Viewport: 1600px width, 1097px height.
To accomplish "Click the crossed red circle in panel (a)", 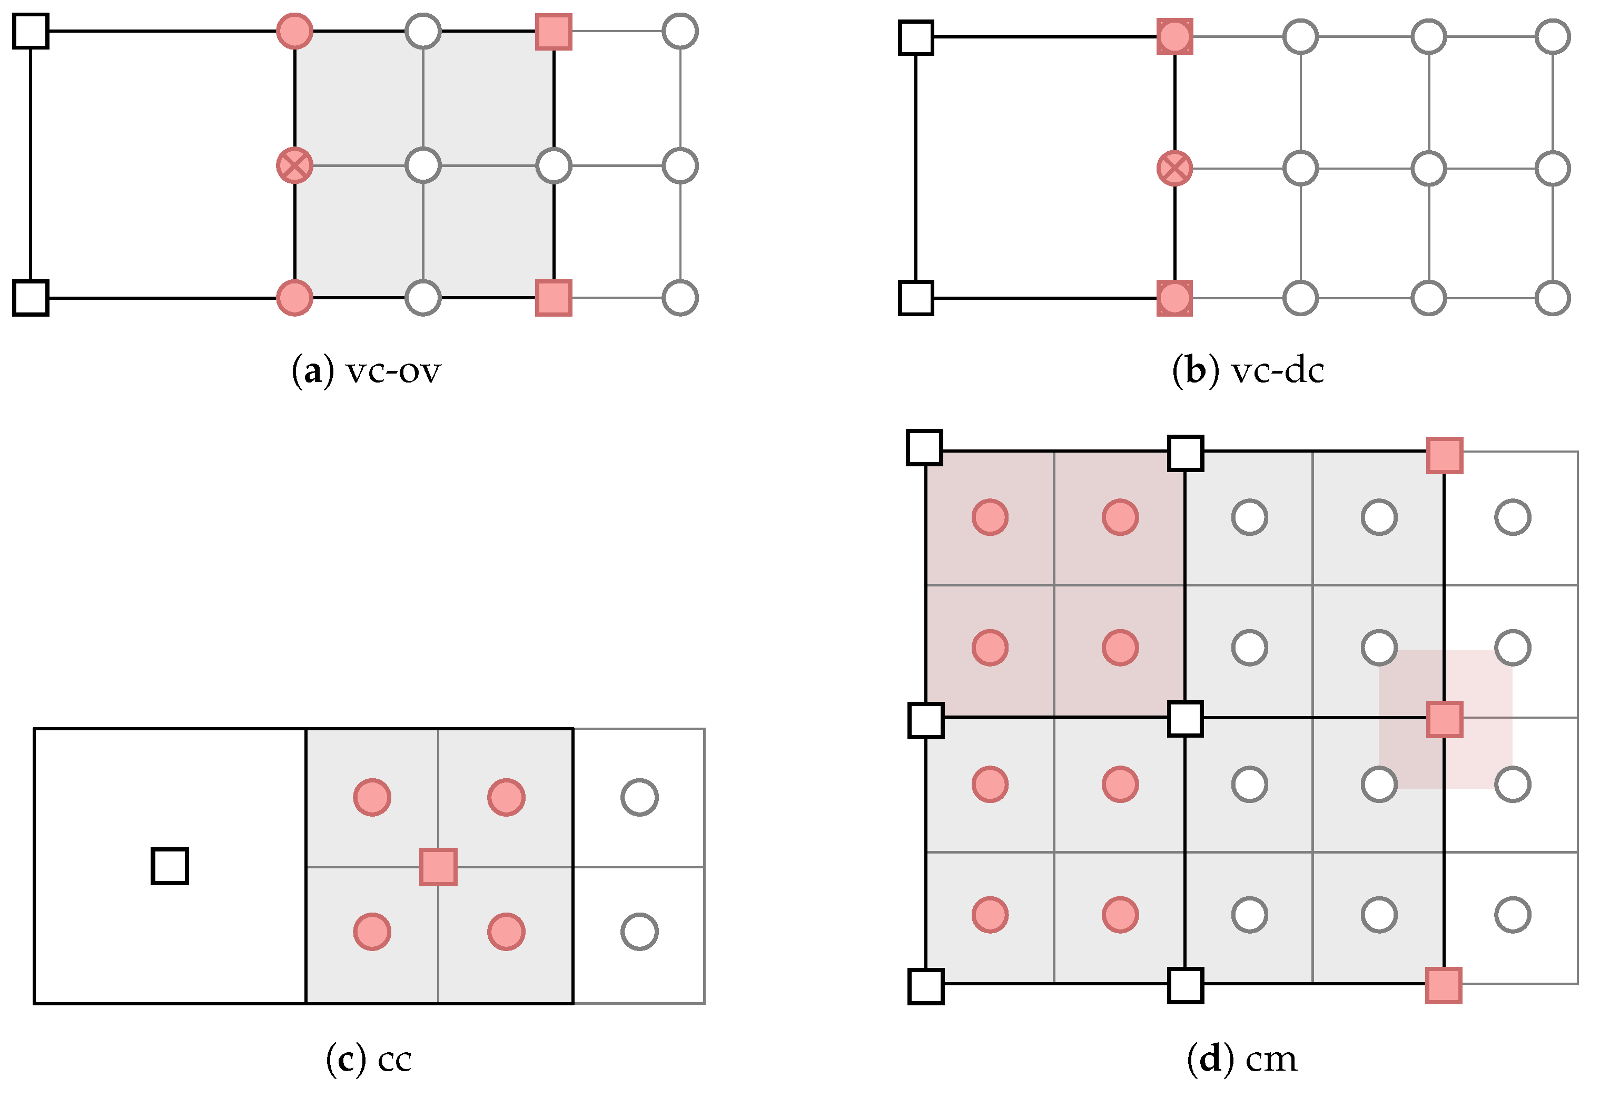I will point(294,166).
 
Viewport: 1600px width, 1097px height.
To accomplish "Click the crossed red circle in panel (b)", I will point(1174,168).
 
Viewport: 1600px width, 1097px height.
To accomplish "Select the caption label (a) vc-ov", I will point(366,370).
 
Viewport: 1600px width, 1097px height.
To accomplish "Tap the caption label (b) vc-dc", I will point(1248,370).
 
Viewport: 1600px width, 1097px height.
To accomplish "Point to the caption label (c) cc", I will point(369,1059).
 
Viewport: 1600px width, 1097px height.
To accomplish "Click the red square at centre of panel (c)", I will point(439,867).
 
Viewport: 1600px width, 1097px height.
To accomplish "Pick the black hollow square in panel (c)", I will point(170,866).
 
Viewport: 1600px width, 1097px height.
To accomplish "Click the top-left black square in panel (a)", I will point(31,31).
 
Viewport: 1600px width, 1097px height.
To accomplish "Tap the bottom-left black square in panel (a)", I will point(31,298).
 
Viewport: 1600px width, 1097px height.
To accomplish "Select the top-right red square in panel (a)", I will point(554,32).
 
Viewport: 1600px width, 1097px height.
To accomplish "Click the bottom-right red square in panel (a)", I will point(554,298).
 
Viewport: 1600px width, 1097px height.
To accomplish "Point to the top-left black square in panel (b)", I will point(916,37).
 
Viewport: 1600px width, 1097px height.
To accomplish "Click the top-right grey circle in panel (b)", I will point(1553,36).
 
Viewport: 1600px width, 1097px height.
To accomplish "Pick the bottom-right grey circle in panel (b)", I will point(1553,298).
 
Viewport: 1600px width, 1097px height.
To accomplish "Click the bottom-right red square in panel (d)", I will point(1444,985).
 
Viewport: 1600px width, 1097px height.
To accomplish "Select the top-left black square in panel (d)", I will point(925,448).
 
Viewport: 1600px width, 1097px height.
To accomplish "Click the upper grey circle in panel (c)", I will point(639,797).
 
